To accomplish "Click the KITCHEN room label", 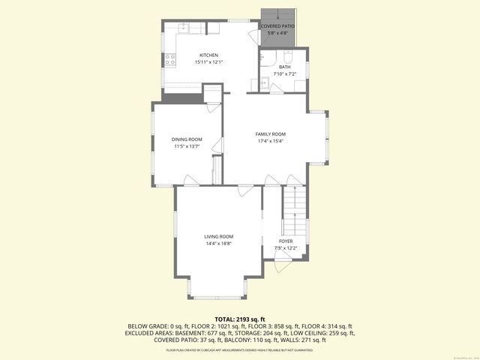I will pyautogui.click(x=208, y=55).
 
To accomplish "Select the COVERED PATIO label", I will pyautogui.click(x=277, y=26).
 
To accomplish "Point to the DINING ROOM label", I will pyautogui.click(x=187, y=139).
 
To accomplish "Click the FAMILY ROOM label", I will pyautogui.click(x=271, y=134).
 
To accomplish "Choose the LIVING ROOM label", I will pyautogui.click(x=219, y=236).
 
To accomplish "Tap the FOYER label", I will pyautogui.click(x=286, y=241).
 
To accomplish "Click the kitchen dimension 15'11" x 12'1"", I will pyautogui.click(x=208, y=61).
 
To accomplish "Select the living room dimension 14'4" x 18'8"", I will pyautogui.click(x=219, y=243).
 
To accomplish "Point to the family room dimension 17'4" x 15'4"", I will pyautogui.click(x=271, y=141).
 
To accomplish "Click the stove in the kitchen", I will pyautogui.click(x=170, y=58).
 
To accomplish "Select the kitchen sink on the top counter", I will pyautogui.click(x=185, y=27).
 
